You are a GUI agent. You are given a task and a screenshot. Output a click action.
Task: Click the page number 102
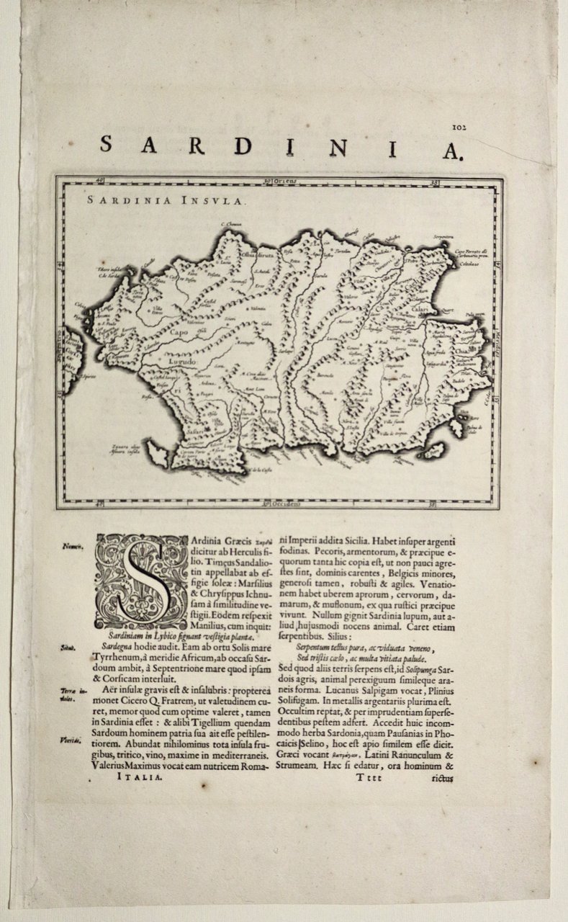(459, 127)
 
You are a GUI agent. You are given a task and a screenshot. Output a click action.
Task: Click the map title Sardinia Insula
(167, 201)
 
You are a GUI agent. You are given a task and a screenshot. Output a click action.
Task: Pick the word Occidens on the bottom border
(284, 503)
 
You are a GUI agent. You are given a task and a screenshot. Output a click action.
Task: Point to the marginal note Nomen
(71, 545)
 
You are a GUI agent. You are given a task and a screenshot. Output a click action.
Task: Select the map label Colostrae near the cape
(472, 264)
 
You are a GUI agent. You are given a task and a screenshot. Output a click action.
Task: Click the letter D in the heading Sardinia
(244, 146)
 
